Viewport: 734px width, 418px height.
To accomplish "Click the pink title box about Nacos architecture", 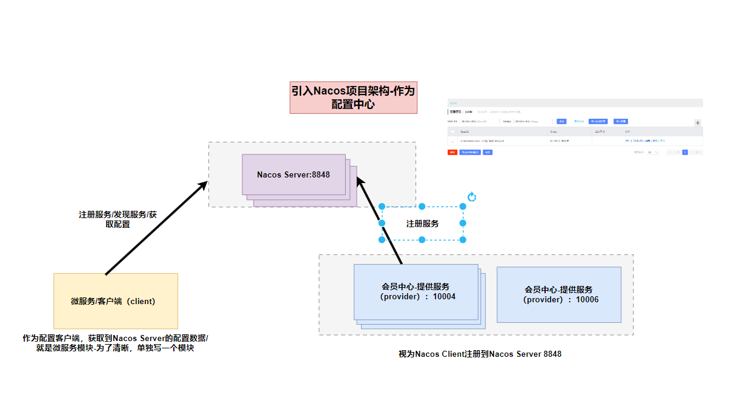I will click(354, 98).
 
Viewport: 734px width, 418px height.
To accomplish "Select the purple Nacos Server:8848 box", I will click(294, 174).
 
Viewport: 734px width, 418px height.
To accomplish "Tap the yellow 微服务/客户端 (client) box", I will click(116, 301).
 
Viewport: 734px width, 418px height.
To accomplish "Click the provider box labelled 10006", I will click(559, 294).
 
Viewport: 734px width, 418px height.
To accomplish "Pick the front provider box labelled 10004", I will click(415, 292).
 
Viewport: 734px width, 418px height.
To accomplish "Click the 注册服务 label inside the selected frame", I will click(423, 224).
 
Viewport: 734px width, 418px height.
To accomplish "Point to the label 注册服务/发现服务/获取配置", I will click(118, 219).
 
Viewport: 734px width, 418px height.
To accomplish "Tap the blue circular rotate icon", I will click(472, 197).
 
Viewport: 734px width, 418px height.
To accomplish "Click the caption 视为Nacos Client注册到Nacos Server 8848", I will click(480, 354).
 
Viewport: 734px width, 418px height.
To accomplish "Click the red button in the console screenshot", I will click(452, 152).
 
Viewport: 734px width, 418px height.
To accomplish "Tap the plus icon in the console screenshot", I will click(697, 123).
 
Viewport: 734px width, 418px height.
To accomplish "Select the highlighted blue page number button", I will click(685, 152).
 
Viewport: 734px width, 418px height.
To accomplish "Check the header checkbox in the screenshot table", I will click(452, 131).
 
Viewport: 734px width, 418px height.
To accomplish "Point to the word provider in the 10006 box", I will click(543, 299).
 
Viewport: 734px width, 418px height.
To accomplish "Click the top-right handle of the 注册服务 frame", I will click(463, 207).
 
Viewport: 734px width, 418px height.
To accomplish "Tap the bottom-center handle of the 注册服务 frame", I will click(422, 240).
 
